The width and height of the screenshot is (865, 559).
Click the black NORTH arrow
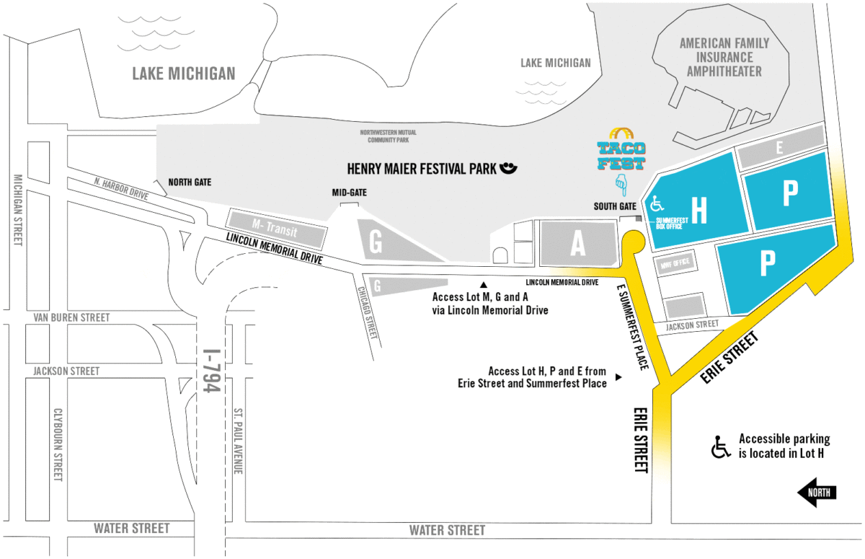[x=817, y=493]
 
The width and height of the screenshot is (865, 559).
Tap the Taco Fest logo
[x=621, y=151]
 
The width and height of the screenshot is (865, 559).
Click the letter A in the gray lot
[x=577, y=245]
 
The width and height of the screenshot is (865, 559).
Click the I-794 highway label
[x=210, y=371]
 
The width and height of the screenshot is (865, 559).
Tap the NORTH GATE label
[x=190, y=182]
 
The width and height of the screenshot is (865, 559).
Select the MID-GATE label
[x=349, y=193]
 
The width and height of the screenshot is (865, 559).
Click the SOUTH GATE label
[x=615, y=206]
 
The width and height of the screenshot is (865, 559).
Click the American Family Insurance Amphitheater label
[x=724, y=57]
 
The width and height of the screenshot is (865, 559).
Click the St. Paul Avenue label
[x=237, y=441]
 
